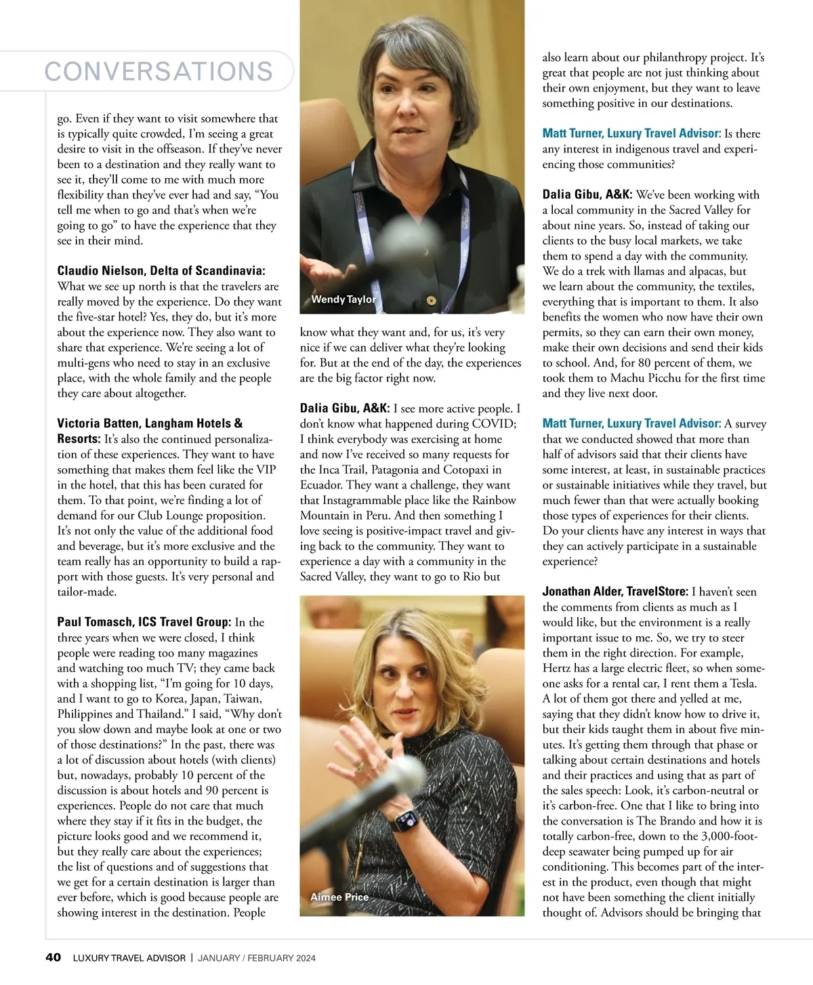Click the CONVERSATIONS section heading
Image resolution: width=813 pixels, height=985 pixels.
[159, 71]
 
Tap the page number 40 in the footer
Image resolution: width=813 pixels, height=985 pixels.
[53, 957]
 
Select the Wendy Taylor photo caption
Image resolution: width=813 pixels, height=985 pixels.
[343, 299]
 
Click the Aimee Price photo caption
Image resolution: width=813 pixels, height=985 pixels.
[339, 897]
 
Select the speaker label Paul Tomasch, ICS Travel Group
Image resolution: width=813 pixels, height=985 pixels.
[144, 622]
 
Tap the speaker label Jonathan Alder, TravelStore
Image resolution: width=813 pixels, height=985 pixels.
[615, 591]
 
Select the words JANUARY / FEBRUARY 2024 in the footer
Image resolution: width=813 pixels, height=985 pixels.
[257, 958]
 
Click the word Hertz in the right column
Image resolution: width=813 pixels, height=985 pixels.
[557, 668]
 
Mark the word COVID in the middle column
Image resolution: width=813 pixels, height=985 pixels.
[497, 423]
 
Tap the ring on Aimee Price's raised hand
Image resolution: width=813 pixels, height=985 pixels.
[360, 766]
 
